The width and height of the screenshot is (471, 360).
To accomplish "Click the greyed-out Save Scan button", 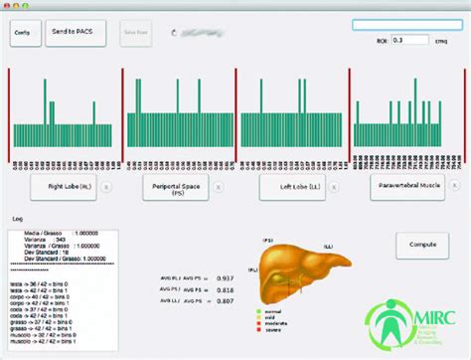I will (x=136, y=33).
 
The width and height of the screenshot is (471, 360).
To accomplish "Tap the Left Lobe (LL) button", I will (x=292, y=186).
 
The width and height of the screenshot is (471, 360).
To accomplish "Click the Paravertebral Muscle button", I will (x=408, y=186).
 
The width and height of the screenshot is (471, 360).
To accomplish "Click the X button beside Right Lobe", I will (x=107, y=186).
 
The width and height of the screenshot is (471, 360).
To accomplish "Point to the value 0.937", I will (x=227, y=278).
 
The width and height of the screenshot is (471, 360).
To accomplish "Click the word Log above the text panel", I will (x=17, y=218).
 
